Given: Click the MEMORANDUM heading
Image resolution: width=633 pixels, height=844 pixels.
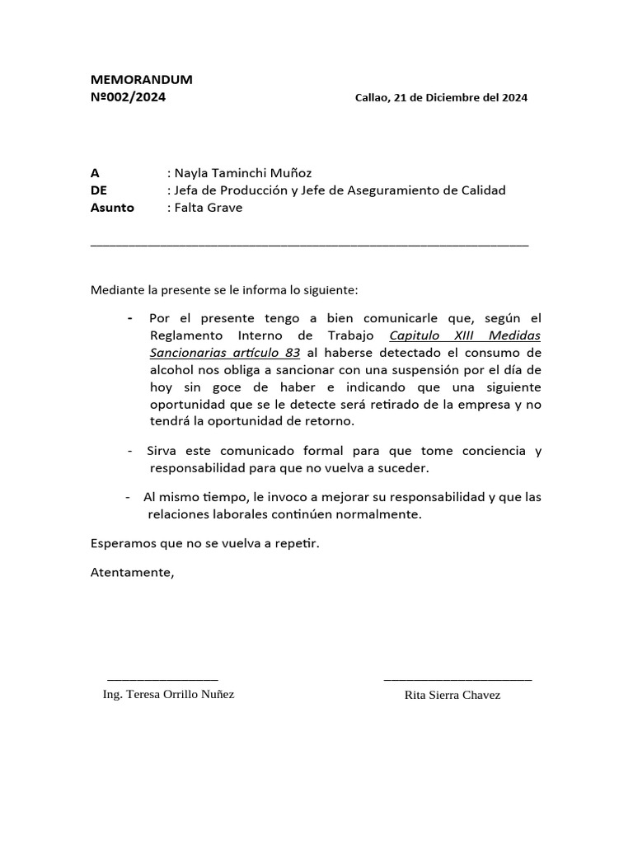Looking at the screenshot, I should (x=141, y=80).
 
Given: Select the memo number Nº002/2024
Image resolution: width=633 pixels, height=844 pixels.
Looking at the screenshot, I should (x=128, y=96).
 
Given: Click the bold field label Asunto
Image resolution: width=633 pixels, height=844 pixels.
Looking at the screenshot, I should (x=112, y=208).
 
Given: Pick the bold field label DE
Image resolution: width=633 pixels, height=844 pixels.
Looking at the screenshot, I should (x=99, y=190).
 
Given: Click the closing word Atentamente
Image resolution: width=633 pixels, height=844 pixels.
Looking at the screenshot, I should (x=132, y=573).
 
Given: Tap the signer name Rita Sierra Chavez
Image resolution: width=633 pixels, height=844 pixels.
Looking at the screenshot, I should (x=452, y=695).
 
